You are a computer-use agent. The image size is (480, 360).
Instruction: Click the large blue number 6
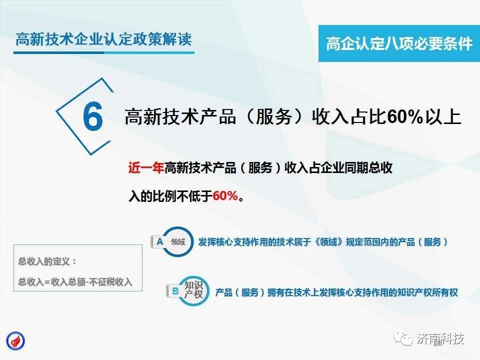point(93,116)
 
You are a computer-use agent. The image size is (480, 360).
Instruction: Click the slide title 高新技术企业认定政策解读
point(104,39)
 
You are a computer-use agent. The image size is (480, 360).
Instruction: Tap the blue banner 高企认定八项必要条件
point(399,43)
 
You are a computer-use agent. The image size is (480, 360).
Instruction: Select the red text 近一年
point(145,168)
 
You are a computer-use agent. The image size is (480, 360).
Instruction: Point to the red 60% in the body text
point(225,196)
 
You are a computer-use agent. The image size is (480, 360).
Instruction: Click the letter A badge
point(159,242)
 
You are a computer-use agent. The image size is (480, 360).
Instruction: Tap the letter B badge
point(175,291)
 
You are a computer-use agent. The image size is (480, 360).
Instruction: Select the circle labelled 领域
point(178,242)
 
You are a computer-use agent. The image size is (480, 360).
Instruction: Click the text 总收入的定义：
point(47,261)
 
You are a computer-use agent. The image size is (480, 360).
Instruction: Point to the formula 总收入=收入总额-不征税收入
point(75,281)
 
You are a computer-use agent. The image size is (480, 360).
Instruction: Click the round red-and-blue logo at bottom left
point(15,341)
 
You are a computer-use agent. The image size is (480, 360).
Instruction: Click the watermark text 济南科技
point(440,338)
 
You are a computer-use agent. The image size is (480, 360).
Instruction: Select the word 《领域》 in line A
point(328,242)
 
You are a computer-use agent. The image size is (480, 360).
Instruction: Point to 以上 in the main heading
point(442,117)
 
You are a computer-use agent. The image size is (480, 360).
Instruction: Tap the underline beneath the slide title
point(104,52)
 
